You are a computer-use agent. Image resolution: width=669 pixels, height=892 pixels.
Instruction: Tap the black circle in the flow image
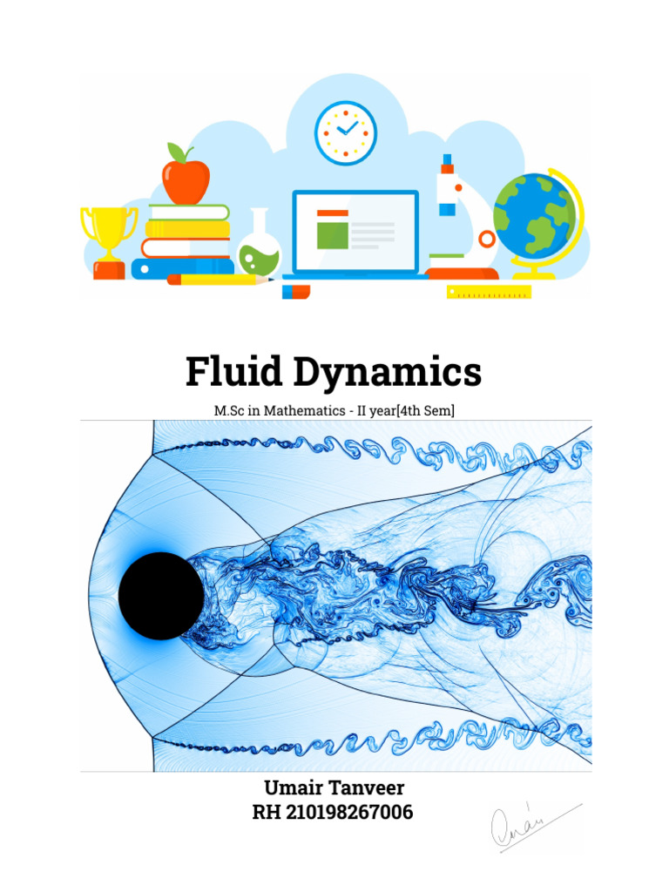click(161, 596)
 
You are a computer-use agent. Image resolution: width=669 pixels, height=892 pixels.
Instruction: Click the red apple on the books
click(186, 179)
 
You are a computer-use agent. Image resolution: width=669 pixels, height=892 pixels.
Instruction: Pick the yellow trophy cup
click(109, 235)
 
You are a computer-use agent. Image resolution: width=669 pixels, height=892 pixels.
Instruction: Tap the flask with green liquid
click(259, 248)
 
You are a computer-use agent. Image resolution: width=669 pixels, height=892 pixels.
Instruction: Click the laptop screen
click(355, 231)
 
